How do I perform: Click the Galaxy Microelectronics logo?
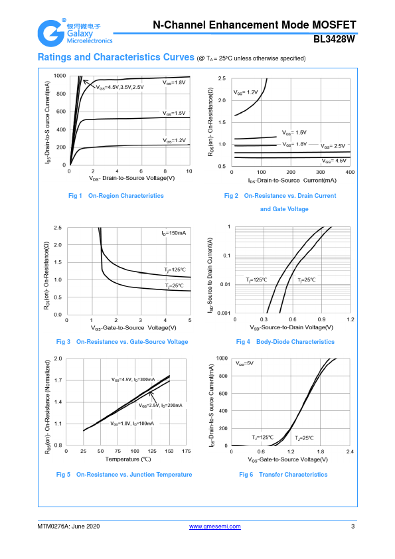75,33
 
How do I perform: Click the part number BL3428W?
334,39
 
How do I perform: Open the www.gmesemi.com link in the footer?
214,526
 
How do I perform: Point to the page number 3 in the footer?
353,526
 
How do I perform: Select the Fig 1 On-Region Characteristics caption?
116,196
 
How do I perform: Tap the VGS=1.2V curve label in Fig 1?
175,141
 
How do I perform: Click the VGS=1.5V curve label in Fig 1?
174,114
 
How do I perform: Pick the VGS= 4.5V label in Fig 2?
334,161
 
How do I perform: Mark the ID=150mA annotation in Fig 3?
174,233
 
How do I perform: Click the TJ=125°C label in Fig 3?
175,270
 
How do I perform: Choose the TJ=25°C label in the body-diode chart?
307,280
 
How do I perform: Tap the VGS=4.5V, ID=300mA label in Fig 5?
133,379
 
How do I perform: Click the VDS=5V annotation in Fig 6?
244,363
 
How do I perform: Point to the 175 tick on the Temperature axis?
187,451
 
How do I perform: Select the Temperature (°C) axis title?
128,459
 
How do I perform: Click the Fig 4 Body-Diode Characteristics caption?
285,342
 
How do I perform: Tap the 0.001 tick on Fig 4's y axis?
224,313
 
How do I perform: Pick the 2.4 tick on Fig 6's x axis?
350,451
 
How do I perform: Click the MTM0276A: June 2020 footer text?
68,526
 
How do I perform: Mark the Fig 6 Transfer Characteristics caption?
283,475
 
